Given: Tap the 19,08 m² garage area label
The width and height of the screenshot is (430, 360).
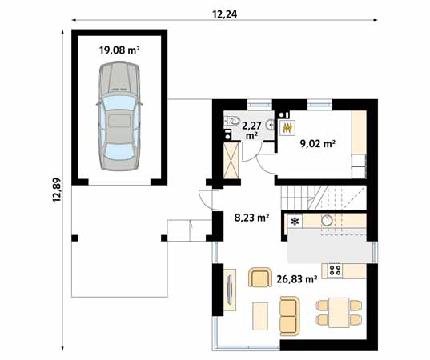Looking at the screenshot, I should tap(119, 50).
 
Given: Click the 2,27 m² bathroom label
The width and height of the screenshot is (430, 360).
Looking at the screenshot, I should tap(251, 129).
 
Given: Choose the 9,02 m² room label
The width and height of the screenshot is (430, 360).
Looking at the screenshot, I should tap(317, 144).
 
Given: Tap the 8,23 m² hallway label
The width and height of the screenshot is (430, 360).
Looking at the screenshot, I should tap(251, 217).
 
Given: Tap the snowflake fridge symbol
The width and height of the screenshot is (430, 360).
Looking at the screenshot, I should tap(295, 222).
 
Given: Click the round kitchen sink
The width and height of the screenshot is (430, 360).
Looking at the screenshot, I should tap(327, 221).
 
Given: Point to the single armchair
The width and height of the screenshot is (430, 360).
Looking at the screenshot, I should tap(259, 278).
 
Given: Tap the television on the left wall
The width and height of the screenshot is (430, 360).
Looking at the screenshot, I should tap(230, 288).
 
